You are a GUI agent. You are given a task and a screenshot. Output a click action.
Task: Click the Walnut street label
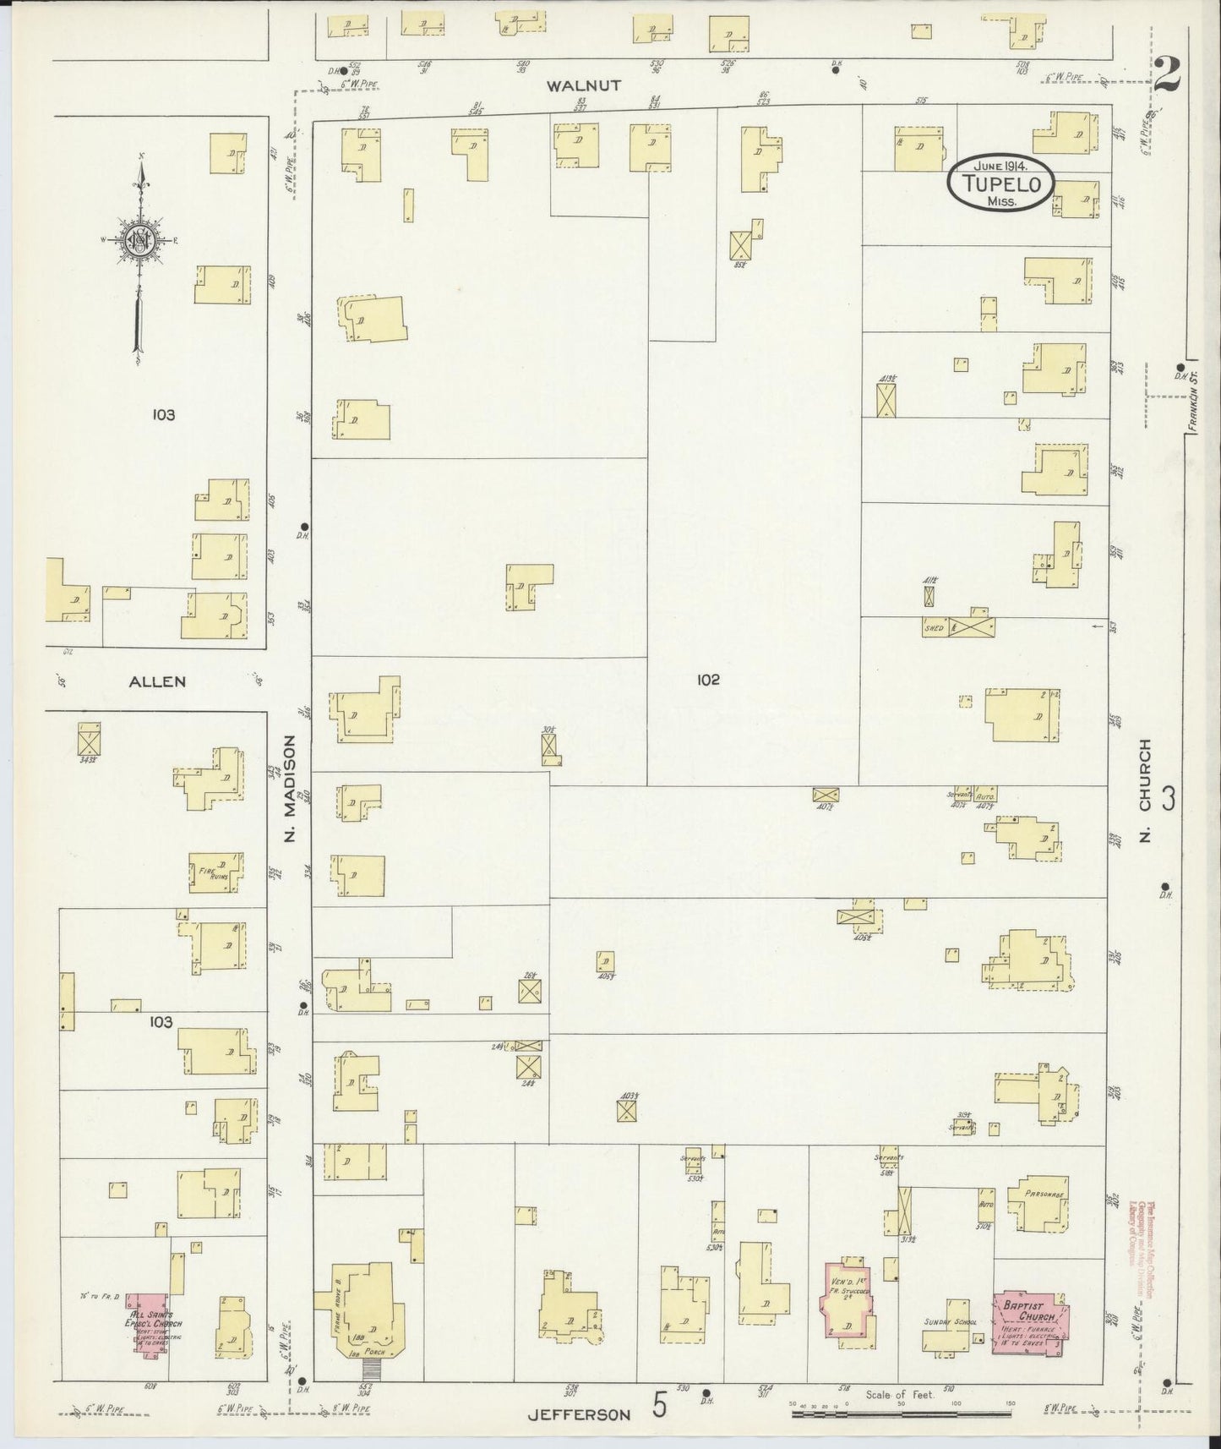(583, 85)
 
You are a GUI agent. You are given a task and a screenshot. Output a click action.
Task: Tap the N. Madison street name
(290, 787)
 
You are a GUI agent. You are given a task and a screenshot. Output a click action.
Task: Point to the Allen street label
(157, 681)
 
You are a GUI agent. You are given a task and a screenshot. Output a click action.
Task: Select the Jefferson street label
(580, 1414)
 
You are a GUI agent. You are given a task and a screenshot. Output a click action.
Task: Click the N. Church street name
(1146, 792)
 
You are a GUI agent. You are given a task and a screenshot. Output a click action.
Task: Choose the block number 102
(708, 679)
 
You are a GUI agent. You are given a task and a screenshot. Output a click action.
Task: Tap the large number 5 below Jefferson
(660, 1405)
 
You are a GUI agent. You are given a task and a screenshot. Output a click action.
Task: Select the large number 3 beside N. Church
(1169, 799)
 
